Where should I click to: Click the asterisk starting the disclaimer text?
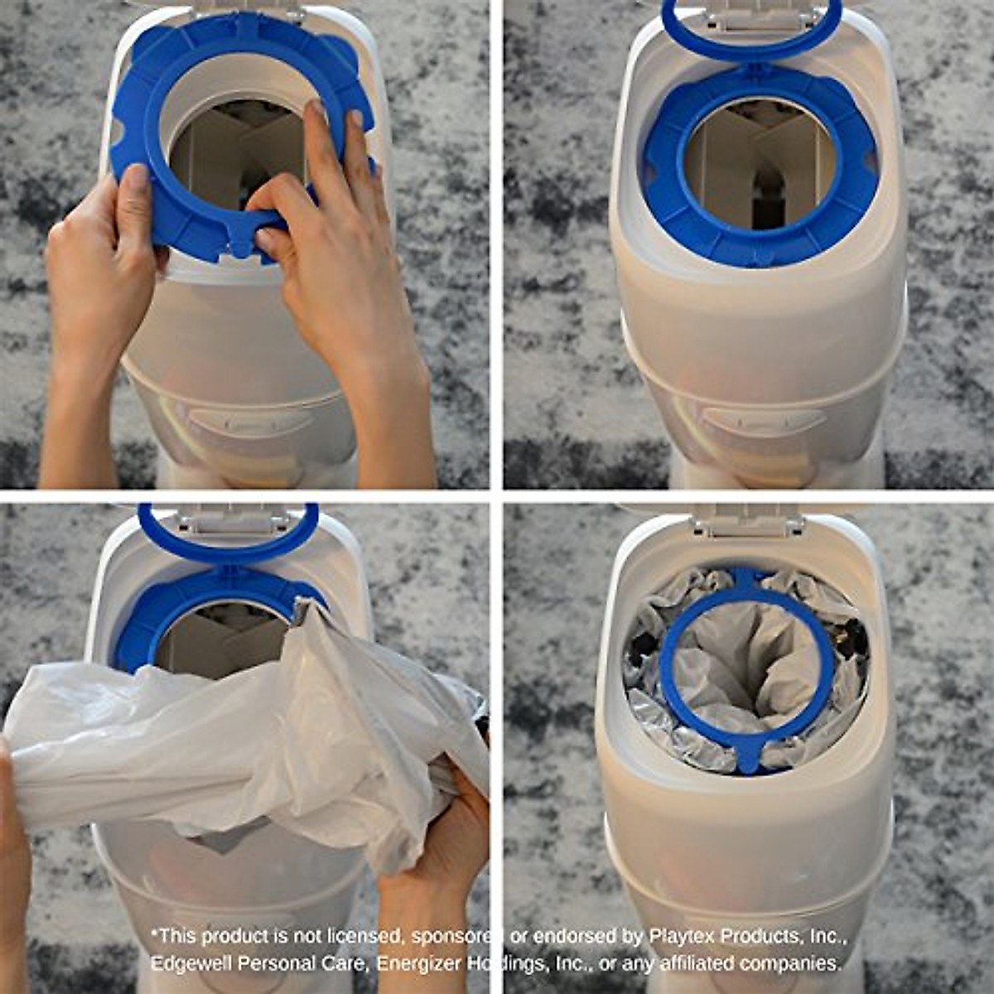tap(154, 934)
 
